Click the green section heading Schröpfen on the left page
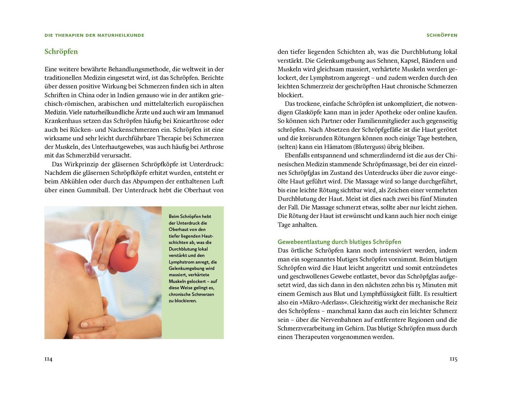tap(61, 52)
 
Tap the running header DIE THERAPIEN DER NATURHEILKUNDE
tap(94, 35)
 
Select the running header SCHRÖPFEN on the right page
tap(442, 35)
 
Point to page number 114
tap(48, 359)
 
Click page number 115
tap(453, 359)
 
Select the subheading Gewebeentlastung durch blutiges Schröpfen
tap(339, 242)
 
